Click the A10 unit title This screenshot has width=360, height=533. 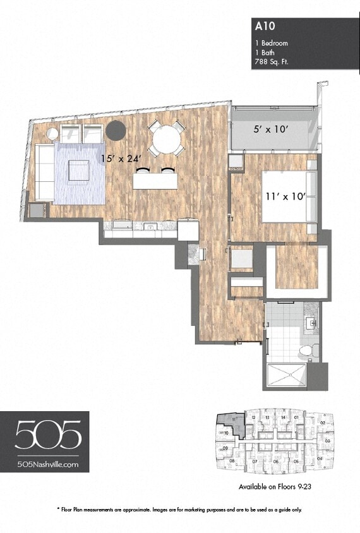pos(262,27)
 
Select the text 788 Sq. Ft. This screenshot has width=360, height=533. pos(272,62)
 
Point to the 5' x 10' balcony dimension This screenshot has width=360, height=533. pos(270,129)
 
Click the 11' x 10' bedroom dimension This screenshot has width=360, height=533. pos(285,196)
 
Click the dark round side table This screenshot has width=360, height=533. pos(116,131)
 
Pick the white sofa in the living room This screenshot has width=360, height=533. pos(45,172)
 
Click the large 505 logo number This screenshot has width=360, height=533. pos(48,436)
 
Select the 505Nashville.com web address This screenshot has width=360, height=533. pos(48,464)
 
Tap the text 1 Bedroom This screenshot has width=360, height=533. pos(272,43)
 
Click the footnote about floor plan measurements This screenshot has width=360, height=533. pos(179,509)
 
